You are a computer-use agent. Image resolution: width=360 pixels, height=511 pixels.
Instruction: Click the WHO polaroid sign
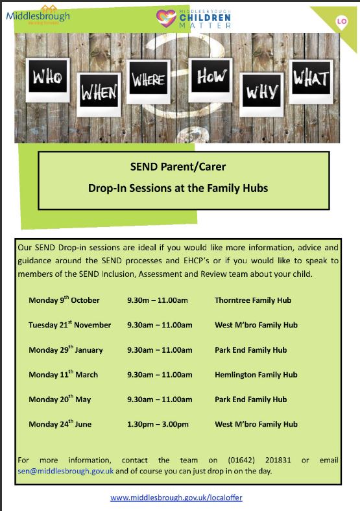[47, 80]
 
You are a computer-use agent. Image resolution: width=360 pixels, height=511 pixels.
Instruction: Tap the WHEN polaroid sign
[99, 95]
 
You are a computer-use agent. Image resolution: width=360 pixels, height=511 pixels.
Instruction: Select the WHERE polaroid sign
[149, 82]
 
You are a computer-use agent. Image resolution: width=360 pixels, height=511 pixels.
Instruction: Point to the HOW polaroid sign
[210, 80]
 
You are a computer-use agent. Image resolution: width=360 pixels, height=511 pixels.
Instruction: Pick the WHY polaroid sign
[261, 95]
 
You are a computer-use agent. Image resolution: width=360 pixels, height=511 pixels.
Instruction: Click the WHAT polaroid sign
[311, 82]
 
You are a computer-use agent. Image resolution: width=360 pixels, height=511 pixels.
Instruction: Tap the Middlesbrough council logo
[38, 16]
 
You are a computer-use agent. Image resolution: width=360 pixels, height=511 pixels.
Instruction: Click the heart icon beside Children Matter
[166, 18]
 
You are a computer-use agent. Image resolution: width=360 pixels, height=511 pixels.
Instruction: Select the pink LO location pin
[341, 23]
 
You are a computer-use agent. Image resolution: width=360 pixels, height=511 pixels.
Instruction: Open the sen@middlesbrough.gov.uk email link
[66, 471]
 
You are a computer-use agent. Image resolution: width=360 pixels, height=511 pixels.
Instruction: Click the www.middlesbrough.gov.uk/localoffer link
[176, 497]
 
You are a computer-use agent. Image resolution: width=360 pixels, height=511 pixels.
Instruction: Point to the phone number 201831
[278, 460]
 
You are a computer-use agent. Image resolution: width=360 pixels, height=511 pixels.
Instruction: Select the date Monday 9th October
[64, 300]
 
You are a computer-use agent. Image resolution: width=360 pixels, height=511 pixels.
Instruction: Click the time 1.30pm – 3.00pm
[158, 424]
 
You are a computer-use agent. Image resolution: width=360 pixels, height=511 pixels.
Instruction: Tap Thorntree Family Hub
[253, 300]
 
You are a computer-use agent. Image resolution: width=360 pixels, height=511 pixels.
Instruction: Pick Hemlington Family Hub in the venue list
[256, 375]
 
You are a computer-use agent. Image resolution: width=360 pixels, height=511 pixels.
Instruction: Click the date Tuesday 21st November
[69, 325]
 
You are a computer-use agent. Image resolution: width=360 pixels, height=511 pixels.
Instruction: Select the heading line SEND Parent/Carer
[178, 167]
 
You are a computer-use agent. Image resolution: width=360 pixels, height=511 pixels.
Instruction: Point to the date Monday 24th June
[60, 423]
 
